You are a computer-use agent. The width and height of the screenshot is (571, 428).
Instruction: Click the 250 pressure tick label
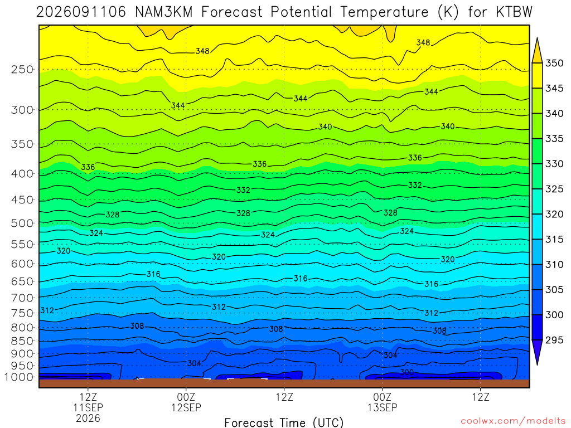tap(22, 69)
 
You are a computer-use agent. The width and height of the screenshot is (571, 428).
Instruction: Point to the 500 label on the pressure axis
tap(22, 223)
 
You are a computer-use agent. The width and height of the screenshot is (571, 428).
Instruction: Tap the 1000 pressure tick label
tap(19, 377)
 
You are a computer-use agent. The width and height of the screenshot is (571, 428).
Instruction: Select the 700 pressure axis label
tap(22, 298)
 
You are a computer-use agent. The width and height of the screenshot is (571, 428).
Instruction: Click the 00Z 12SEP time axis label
tap(186, 402)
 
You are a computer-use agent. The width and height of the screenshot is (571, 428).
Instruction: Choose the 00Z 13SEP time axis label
tap(383, 402)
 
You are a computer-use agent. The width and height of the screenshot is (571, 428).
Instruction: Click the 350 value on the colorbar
tap(554, 63)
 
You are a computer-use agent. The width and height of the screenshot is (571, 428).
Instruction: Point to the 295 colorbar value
tap(554, 340)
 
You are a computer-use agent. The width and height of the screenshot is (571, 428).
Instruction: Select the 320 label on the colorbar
tap(554, 214)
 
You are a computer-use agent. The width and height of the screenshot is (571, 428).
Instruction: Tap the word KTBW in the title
tap(514, 12)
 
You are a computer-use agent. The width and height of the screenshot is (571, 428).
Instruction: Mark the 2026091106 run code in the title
tap(81, 12)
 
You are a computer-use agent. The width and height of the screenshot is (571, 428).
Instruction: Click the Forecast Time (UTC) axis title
tap(284, 422)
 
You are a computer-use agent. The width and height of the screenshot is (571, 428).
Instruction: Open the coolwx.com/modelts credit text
tap(513, 421)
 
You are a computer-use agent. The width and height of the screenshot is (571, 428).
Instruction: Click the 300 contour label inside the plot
tap(407, 372)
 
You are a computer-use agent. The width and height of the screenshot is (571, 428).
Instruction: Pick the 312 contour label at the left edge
tap(47, 310)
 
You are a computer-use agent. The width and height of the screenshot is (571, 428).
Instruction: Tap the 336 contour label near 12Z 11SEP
tap(88, 167)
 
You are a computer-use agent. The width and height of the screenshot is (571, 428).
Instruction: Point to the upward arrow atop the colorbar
tap(537, 51)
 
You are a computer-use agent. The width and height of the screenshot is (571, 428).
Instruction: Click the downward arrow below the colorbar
tap(537, 352)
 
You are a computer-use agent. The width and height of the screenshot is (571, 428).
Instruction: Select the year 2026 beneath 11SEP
tap(88, 418)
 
